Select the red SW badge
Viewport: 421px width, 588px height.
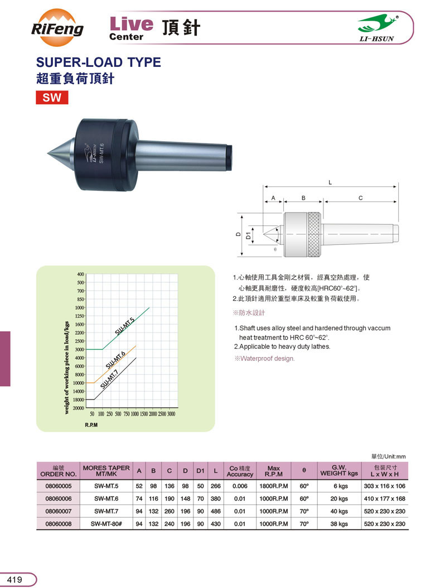(52, 98)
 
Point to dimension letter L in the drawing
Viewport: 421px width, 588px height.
(331, 182)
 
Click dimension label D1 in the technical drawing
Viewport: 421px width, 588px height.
(249, 235)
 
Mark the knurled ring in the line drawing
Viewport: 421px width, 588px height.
(314, 235)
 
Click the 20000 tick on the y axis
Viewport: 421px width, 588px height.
(78, 408)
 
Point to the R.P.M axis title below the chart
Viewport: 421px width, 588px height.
(91, 425)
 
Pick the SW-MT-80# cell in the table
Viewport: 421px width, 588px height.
(105, 524)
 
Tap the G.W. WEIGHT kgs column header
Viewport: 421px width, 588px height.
(338, 470)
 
